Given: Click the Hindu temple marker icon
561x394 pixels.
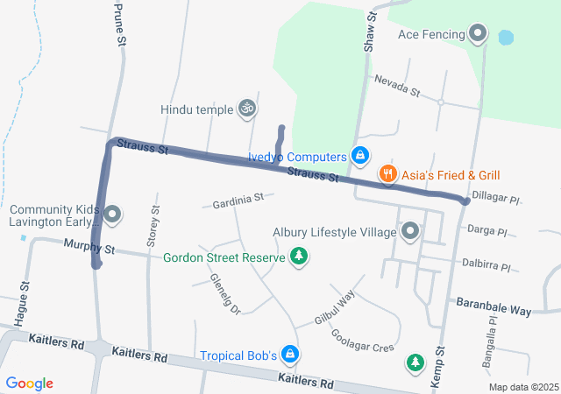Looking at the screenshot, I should click(x=248, y=109).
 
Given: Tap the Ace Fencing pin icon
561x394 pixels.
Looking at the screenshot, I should click(x=478, y=34).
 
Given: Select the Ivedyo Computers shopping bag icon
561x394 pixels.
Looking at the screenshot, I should click(x=359, y=156).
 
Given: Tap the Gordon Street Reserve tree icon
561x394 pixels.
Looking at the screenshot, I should click(x=300, y=257).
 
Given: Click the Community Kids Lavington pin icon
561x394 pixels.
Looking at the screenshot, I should click(x=111, y=215).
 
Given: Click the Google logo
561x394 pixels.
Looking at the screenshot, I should click(x=30, y=383).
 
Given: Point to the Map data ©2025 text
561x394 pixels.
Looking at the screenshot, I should click(x=523, y=387).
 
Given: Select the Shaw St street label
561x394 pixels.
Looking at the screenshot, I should click(x=370, y=31).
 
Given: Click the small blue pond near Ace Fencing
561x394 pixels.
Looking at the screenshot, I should click(x=505, y=39).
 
